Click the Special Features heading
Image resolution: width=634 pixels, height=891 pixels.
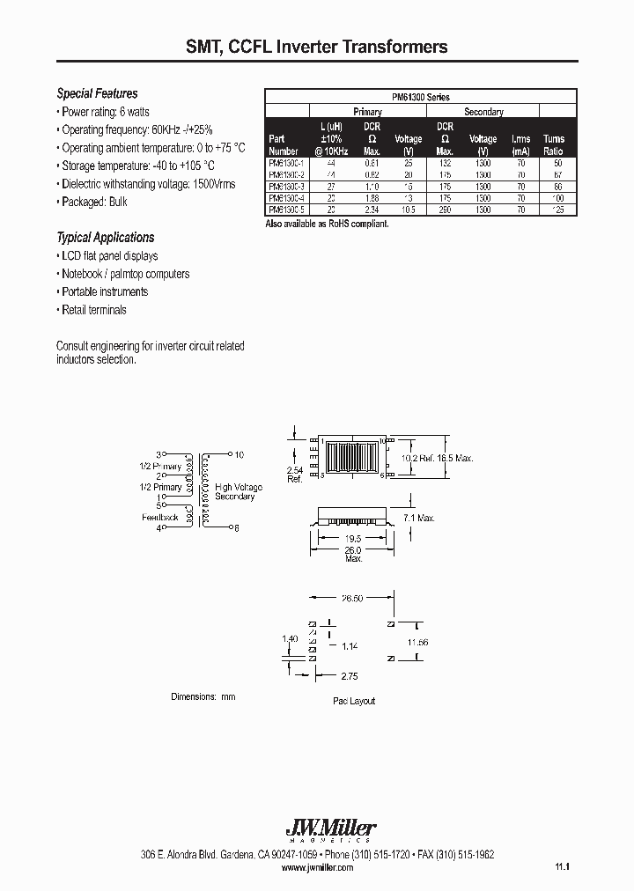tap(97, 93)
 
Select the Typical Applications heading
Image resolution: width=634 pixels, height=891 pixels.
tap(105, 237)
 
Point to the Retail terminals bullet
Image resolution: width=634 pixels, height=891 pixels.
tap(93, 310)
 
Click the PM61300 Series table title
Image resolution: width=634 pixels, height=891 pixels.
tap(421, 98)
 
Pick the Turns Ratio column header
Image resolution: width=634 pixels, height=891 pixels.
tap(554, 144)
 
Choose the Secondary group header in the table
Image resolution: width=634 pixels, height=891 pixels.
tap(483, 112)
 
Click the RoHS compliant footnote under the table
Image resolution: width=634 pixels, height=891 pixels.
tap(327, 225)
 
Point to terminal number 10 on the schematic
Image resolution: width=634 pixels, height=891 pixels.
tap(239, 454)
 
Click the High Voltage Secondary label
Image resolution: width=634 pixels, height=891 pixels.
tap(235, 491)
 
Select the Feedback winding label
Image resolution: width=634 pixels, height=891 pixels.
tap(160, 517)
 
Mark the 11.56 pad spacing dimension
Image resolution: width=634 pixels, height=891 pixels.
tap(417, 643)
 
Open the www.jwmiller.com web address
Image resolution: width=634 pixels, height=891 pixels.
tap(317, 867)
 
